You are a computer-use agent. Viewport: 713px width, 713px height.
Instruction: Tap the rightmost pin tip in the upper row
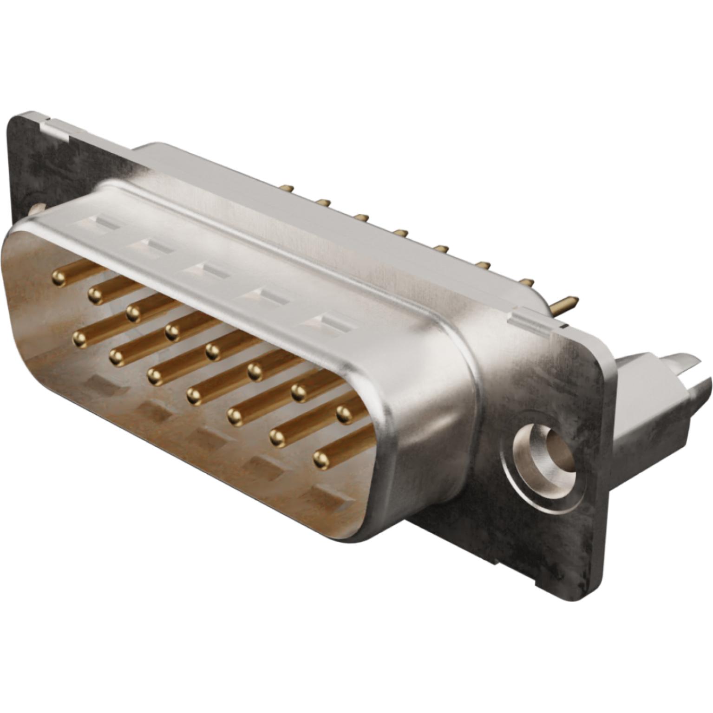click(343, 412)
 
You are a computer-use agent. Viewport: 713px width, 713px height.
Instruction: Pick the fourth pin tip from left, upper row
click(172, 332)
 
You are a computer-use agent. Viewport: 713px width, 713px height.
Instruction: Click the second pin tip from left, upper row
click(95, 294)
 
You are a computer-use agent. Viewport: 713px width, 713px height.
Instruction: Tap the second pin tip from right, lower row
click(277, 437)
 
